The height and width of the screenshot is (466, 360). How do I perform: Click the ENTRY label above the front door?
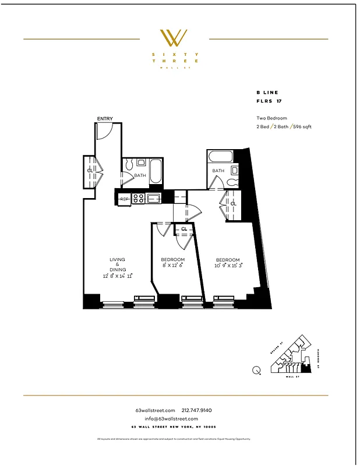[105, 119]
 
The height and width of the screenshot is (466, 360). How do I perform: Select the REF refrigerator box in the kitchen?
[124, 199]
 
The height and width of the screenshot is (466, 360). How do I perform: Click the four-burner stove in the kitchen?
[139, 199]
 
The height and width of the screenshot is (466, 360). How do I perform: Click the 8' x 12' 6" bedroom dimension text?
[172, 266]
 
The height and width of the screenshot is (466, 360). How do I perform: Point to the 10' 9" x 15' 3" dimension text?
[229, 266]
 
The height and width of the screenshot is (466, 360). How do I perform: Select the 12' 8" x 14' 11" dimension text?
[117, 276]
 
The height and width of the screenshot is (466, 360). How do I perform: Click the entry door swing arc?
[104, 133]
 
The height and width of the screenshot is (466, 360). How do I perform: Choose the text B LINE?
[267, 93]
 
